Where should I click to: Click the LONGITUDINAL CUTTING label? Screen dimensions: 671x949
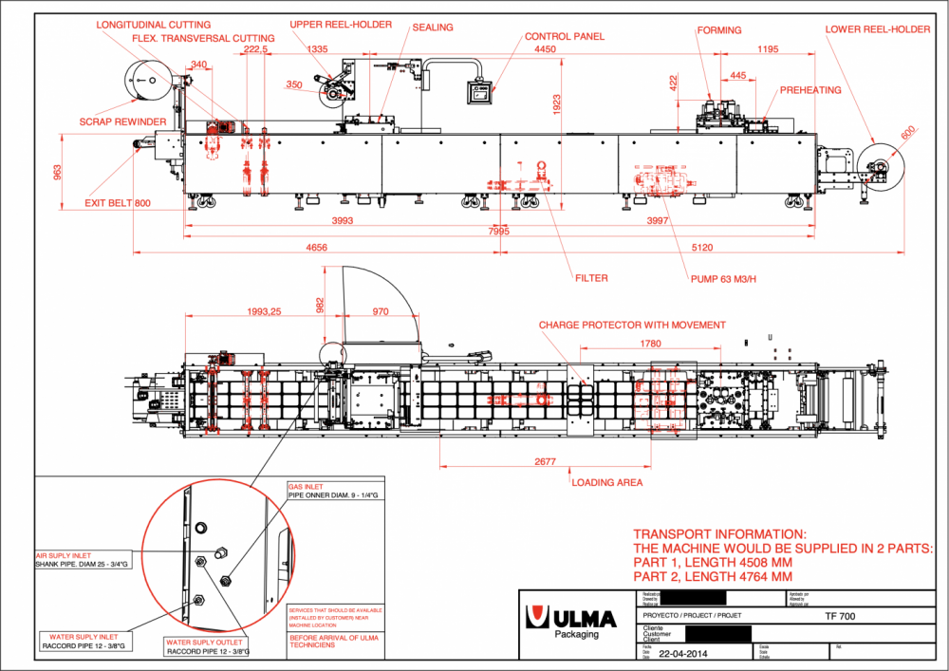click(x=154, y=25)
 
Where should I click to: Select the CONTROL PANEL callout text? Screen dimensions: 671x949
click(x=565, y=37)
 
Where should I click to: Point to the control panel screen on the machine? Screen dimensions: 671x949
click(x=478, y=93)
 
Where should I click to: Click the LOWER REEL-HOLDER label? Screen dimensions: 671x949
click(x=877, y=29)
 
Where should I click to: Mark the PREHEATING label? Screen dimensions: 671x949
click(x=809, y=90)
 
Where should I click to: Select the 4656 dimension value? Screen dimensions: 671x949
click(x=317, y=247)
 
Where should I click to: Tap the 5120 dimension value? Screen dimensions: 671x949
click(x=701, y=247)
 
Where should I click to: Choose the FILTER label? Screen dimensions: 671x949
click(x=590, y=278)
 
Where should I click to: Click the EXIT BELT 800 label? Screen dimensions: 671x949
click(x=117, y=203)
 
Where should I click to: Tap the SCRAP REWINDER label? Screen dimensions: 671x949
click(x=122, y=121)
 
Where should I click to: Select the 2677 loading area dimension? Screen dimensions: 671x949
click(x=544, y=462)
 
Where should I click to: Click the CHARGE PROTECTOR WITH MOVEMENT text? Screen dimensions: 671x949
click(x=631, y=325)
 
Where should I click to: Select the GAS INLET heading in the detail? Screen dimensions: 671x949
click(x=305, y=487)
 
